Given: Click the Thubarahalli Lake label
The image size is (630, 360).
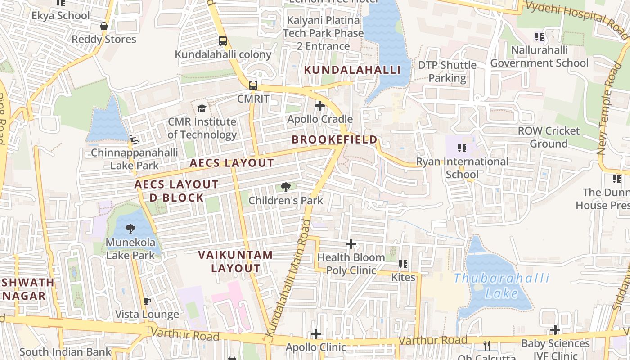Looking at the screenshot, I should (x=501, y=286).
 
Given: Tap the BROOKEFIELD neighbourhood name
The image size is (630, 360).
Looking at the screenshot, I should (x=334, y=139).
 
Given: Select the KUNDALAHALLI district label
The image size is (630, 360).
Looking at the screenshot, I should (x=352, y=70).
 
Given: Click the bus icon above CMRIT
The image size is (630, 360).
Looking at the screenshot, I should (x=253, y=85).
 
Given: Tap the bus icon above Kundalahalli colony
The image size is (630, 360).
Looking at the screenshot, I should (x=223, y=41).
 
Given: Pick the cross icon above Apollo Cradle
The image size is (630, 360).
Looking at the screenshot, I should (x=320, y=106).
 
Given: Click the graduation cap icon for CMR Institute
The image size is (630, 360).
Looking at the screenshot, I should (x=202, y=108).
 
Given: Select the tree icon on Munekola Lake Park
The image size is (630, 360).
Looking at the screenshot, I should (x=130, y=229).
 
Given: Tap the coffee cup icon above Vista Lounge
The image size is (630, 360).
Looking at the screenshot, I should (x=147, y=301).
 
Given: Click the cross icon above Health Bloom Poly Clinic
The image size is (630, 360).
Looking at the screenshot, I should (x=351, y=244).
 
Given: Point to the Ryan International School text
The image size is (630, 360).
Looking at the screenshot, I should (x=462, y=168).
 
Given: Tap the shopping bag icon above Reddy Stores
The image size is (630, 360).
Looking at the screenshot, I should (x=104, y=27).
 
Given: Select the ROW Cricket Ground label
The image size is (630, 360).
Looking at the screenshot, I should (x=549, y=137).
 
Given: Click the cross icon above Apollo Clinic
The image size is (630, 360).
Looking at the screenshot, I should (x=316, y=334).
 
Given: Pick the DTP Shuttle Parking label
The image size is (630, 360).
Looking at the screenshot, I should (x=447, y=72).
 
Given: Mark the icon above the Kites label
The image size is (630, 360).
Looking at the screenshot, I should (x=403, y=264).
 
